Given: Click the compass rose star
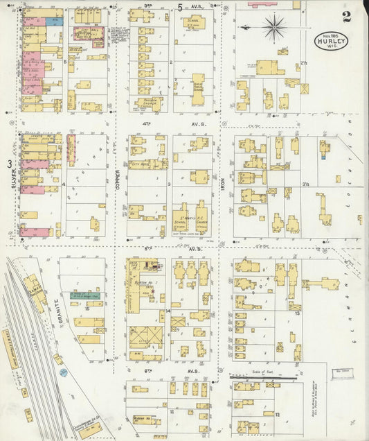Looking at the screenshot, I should click(275, 28).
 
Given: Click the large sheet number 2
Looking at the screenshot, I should click(345, 15).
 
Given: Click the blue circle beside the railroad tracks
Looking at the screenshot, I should click(63, 372).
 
